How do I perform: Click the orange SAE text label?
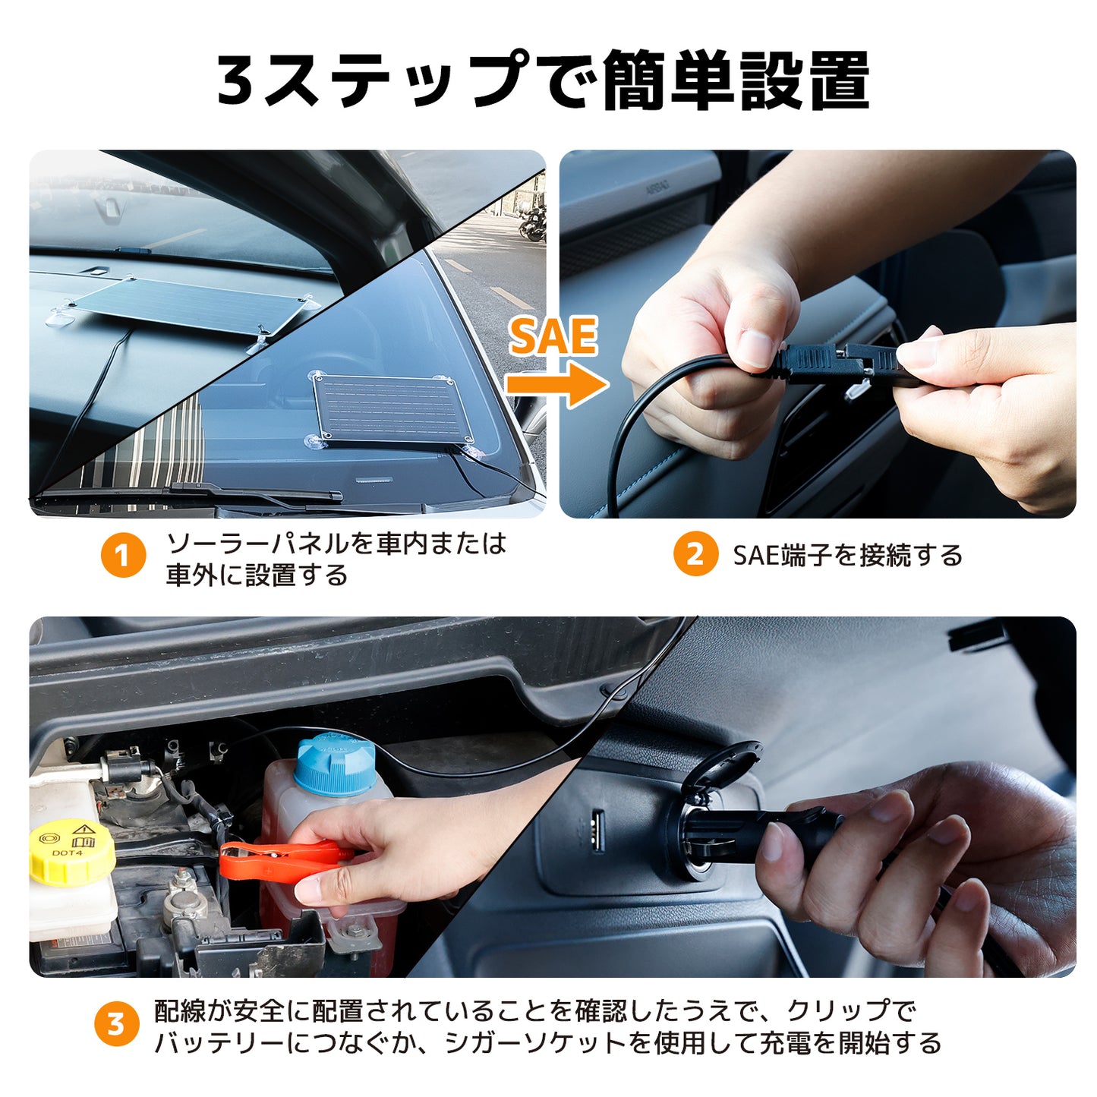coord(553,336)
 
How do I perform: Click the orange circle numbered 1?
coord(124,555)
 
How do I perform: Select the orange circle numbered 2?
coord(695,553)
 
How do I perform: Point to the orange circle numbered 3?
coord(116,1024)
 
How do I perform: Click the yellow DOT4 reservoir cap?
coord(72,852)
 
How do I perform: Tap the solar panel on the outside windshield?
coord(392,407)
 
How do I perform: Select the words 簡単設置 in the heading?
coord(736,80)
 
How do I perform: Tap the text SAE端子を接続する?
coord(848,555)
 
